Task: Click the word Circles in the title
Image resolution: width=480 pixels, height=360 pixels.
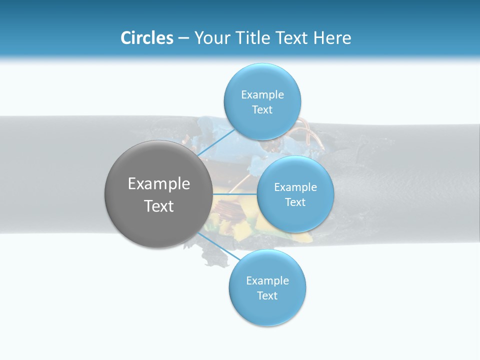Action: [146, 38]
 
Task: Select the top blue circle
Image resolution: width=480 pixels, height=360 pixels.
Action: [262, 80]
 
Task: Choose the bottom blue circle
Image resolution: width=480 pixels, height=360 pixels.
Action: [267, 310]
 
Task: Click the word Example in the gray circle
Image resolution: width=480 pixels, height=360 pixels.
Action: [159, 184]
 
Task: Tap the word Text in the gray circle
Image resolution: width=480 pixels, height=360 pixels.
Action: [159, 206]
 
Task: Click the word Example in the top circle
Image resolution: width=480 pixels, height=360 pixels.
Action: [262, 95]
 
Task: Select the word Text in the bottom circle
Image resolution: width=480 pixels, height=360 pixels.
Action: [267, 295]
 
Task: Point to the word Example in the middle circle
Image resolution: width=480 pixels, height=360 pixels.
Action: [295, 187]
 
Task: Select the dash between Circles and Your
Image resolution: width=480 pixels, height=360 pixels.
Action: [183, 38]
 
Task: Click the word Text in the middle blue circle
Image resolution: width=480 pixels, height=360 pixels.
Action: [295, 202]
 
